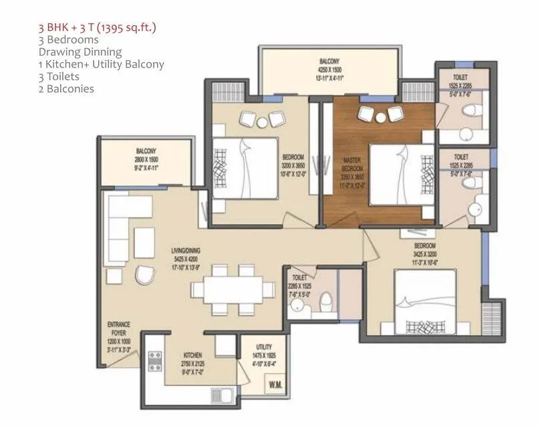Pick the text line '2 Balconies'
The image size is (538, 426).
click(66, 89)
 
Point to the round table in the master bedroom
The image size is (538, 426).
click(380, 118)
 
